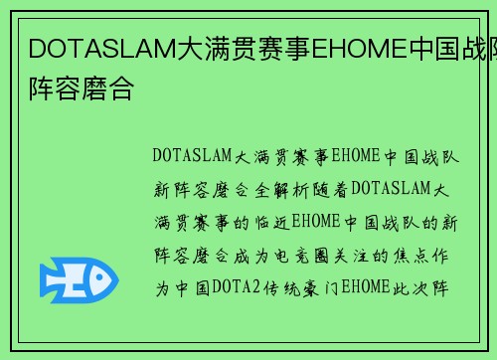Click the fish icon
coord(78,280)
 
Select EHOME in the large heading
coord(353,48)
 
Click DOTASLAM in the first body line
coord(192,156)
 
